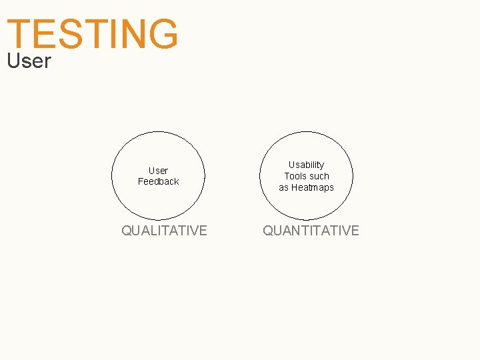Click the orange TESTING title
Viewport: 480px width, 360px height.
tap(93, 34)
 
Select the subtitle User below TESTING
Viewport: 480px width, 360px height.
tap(29, 61)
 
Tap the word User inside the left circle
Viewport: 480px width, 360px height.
tap(158, 171)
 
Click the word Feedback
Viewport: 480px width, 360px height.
tap(158, 181)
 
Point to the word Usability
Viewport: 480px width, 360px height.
tap(306, 165)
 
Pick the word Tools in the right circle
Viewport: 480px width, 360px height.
tap(295, 176)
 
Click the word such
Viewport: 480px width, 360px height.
tap(319, 176)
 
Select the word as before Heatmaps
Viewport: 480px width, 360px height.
tap(283, 187)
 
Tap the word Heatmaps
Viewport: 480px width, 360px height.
tap(312, 187)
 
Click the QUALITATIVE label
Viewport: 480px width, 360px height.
tap(164, 231)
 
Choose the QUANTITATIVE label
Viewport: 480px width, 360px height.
tap(311, 231)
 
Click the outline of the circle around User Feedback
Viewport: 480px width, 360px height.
tap(111, 175)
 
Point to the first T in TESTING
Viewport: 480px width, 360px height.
tap(19, 34)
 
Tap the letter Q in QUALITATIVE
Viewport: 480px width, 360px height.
tap(127, 231)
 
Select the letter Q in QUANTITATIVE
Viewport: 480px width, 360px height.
tap(268, 231)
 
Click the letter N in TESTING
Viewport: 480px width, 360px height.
tap(131, 34)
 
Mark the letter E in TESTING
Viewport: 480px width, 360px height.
tap(45, 34)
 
